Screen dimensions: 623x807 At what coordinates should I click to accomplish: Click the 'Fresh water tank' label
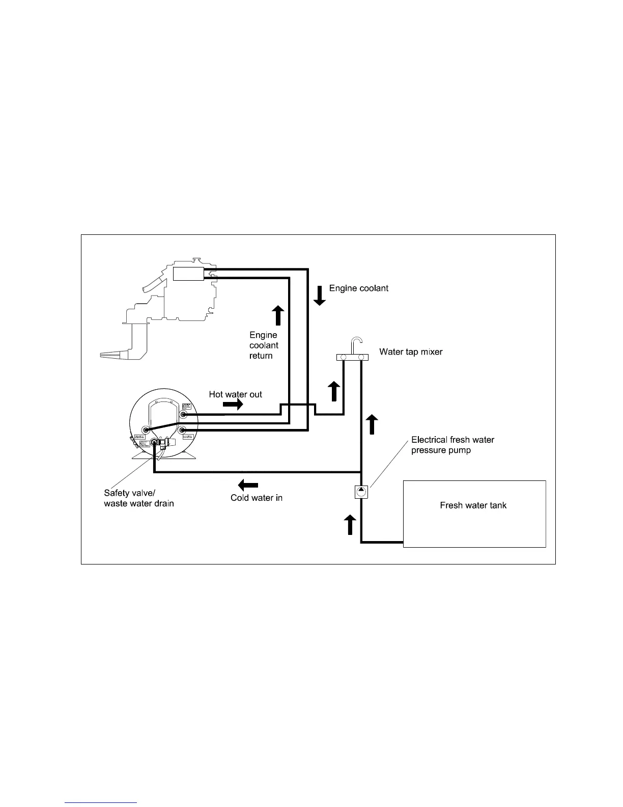click(473, 505)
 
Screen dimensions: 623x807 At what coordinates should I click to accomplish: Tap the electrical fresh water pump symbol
click(361, 492)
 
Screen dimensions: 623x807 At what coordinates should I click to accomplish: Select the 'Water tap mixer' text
click(411, 352)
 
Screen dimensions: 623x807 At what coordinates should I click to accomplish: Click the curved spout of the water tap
click(357, 341)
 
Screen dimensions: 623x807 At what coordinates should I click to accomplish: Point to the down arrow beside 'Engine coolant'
click(319, 295)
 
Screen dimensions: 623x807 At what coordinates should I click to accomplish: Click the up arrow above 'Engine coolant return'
click(278, 315)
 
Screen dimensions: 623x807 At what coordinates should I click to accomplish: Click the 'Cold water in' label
click(256, 498)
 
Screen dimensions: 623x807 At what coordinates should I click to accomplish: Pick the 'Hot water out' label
click(235, 394)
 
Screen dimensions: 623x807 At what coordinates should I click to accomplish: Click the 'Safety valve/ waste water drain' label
click(139, 498)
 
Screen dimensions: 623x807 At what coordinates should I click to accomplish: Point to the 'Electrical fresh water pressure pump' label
click(452, 445)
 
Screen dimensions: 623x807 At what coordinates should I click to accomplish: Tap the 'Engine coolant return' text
click(264, 345)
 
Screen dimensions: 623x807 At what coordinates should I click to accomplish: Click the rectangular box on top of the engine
click(188, 274)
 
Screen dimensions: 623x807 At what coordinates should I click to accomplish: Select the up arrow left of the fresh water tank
click(350, 524)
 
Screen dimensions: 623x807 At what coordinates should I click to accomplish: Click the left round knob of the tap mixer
click(344, 358)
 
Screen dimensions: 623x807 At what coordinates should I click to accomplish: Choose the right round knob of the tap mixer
click(361, 358)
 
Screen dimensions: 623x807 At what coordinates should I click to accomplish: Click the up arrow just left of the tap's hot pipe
click(333, 391)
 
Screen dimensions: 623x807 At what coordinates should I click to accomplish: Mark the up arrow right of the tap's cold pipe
click(373, 424)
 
